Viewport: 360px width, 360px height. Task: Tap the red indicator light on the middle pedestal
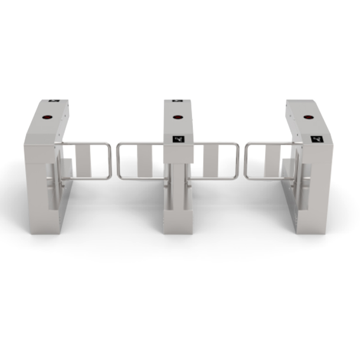tap(178, 117)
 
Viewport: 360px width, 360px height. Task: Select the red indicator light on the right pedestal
tap(308, 117)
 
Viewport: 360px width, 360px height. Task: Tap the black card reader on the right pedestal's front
tap(317, 139)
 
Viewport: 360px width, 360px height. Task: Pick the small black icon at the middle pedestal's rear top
tap(177, 100)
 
